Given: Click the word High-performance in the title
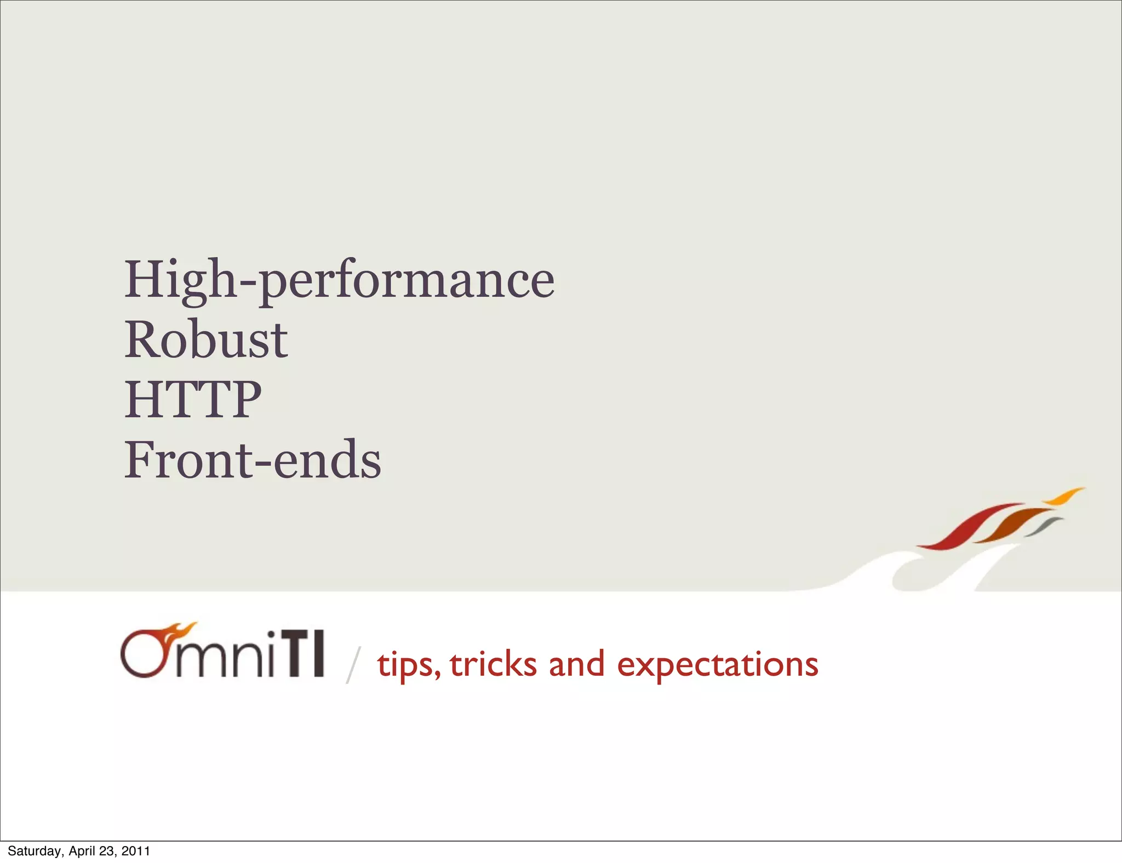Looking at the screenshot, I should pyautogui.click(x=340, y=280).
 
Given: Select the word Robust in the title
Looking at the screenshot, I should pyautogui.click(x=206, y=341).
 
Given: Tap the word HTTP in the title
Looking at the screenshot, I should pyautogui.click(x=193, y=400).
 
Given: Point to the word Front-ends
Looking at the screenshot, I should pyautogui.click(x=253, y=461).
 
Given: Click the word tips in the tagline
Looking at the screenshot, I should pyautogui.click(x=408, y=665).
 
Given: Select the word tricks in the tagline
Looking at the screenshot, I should pyautogui.click(x=493, y=664).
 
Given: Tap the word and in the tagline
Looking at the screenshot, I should pyautogui.click(x=576, y=664).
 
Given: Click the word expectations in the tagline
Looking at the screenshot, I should pyautogui.click(x=717, y=665).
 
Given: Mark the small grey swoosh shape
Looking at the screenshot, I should pyautogui.click(x=1045, y=526).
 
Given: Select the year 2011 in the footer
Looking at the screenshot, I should pyautogui.click(x=136, y=851).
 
